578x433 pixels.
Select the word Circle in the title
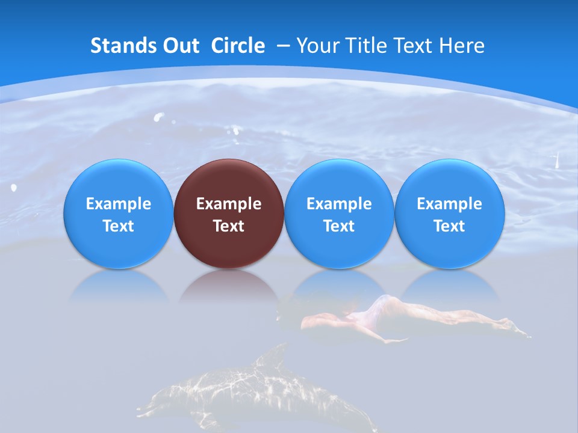coord(238,46)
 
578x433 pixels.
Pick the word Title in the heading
coord(367,46)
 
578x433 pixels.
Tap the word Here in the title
coord(462,46)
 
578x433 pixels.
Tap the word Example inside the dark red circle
coord(229,204)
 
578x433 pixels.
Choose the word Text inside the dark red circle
coord(229,226)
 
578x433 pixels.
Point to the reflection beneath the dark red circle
coord(229,286)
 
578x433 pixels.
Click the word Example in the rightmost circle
coord(450,204)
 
